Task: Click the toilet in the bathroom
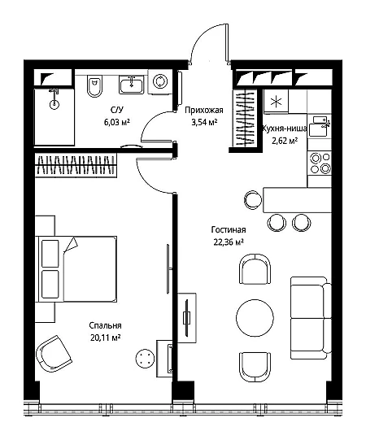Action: [x=94, y=86]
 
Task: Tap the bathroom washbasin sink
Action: [x=131, y=85]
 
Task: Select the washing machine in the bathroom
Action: [x=160, y=81]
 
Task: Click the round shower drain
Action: [x=54, y=105]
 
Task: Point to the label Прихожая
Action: [x=204, y=111]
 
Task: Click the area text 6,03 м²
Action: [x=117, y=122]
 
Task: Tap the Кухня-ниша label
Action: [x=284, y=129]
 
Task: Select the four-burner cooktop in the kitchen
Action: [x=320, y=163]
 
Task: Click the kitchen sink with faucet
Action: [x=320, y=126]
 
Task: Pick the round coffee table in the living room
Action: [x=255, y=318]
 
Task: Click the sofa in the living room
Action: [x=311, y=318]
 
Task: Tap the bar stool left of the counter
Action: [x=253, y=200]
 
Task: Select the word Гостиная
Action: [x=229, y=230]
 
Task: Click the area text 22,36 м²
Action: [x=229, y=242]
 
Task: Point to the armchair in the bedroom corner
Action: [x=54, y=353]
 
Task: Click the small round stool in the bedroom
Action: [x=145, y=359]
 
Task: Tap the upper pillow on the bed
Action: [x=50, y=253]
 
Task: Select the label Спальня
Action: [x=105, y=325]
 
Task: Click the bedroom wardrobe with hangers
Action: [x=76, y=165]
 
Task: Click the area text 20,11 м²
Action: [x=105, y=338]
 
